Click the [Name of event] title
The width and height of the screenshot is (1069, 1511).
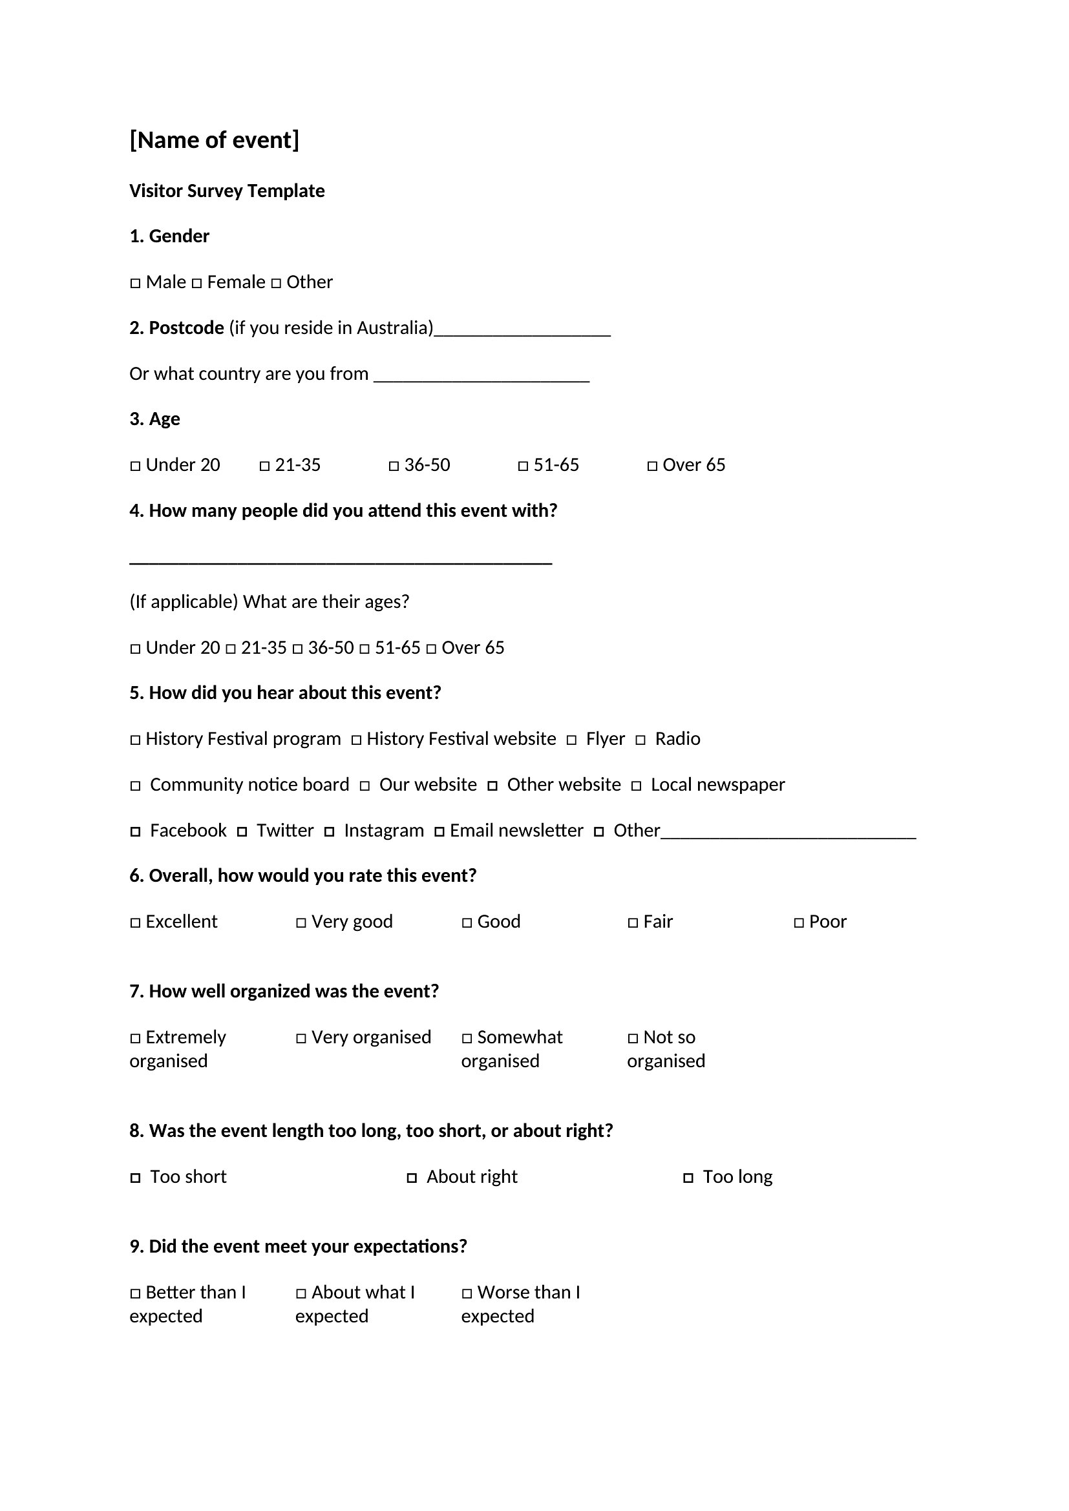click(214, 140)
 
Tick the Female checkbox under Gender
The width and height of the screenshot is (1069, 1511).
click(197, 284)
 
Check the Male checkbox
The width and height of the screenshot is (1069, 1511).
click(136, 284)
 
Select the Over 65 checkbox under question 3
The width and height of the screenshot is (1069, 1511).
click(652, 466)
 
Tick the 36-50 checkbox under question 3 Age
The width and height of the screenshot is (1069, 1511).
click(394, 466)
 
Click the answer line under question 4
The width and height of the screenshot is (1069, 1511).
click(341, 561)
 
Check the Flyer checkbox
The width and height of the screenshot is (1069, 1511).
click(572, 740)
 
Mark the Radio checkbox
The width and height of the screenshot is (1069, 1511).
click(640, 740)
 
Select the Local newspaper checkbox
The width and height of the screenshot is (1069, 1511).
click(637, 786)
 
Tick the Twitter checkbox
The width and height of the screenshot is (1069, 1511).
click(242, 833)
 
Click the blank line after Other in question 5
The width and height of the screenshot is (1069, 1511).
click(788, 836)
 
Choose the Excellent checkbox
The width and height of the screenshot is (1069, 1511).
click(136, 923)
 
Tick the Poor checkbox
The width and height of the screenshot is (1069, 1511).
click(799, 923)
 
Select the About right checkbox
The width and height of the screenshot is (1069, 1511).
click(412, 1179)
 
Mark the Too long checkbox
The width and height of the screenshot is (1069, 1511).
click(688, 1179)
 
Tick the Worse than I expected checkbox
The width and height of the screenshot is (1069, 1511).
click(467, 1295)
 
